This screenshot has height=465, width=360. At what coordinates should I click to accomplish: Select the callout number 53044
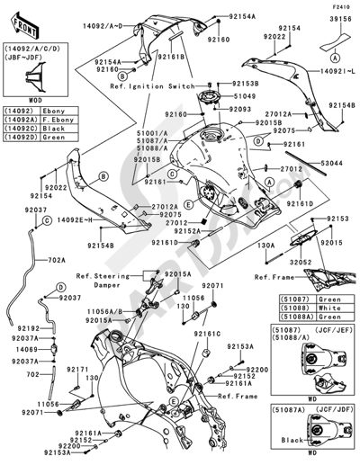click(333, 163)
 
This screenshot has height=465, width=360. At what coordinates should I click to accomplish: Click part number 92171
click(78, 369)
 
